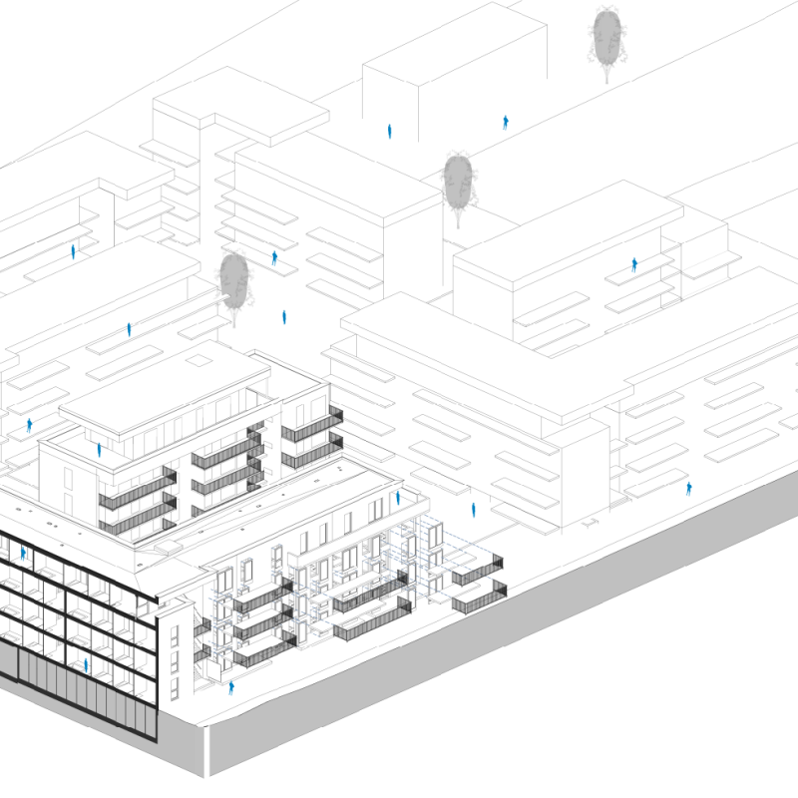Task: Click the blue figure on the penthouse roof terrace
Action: coord(99,450)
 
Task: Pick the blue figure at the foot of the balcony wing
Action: coord(231,687)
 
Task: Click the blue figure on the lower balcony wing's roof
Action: coord(397,496)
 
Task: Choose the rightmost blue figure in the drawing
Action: coord(688,488)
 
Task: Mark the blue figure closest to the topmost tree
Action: coord(507,123)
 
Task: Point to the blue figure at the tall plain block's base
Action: coord(390,131)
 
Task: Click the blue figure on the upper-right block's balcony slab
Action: coord(634,265)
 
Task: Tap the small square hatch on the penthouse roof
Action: coord(200,355)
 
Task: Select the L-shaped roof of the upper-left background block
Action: coord(239,105)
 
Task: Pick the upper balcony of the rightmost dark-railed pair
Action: coord(477,573)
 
